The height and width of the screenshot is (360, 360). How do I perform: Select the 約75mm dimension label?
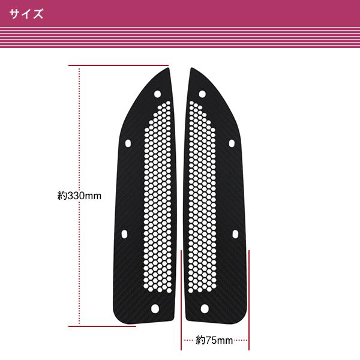(214, 341)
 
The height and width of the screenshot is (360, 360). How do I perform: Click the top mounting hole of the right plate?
(202, 94)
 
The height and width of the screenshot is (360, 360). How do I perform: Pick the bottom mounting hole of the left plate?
(155, 308)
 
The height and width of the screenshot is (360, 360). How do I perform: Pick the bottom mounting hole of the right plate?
(204, 308)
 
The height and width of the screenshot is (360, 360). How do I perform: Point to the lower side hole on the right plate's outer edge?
(235, 233)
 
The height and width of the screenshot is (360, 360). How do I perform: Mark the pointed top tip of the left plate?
(169, 70)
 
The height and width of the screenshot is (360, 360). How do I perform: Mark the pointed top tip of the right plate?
(191, 70)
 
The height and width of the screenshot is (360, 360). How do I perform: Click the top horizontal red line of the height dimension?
(118, 64)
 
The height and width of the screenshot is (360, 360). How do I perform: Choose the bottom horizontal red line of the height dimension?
(102, 326)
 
